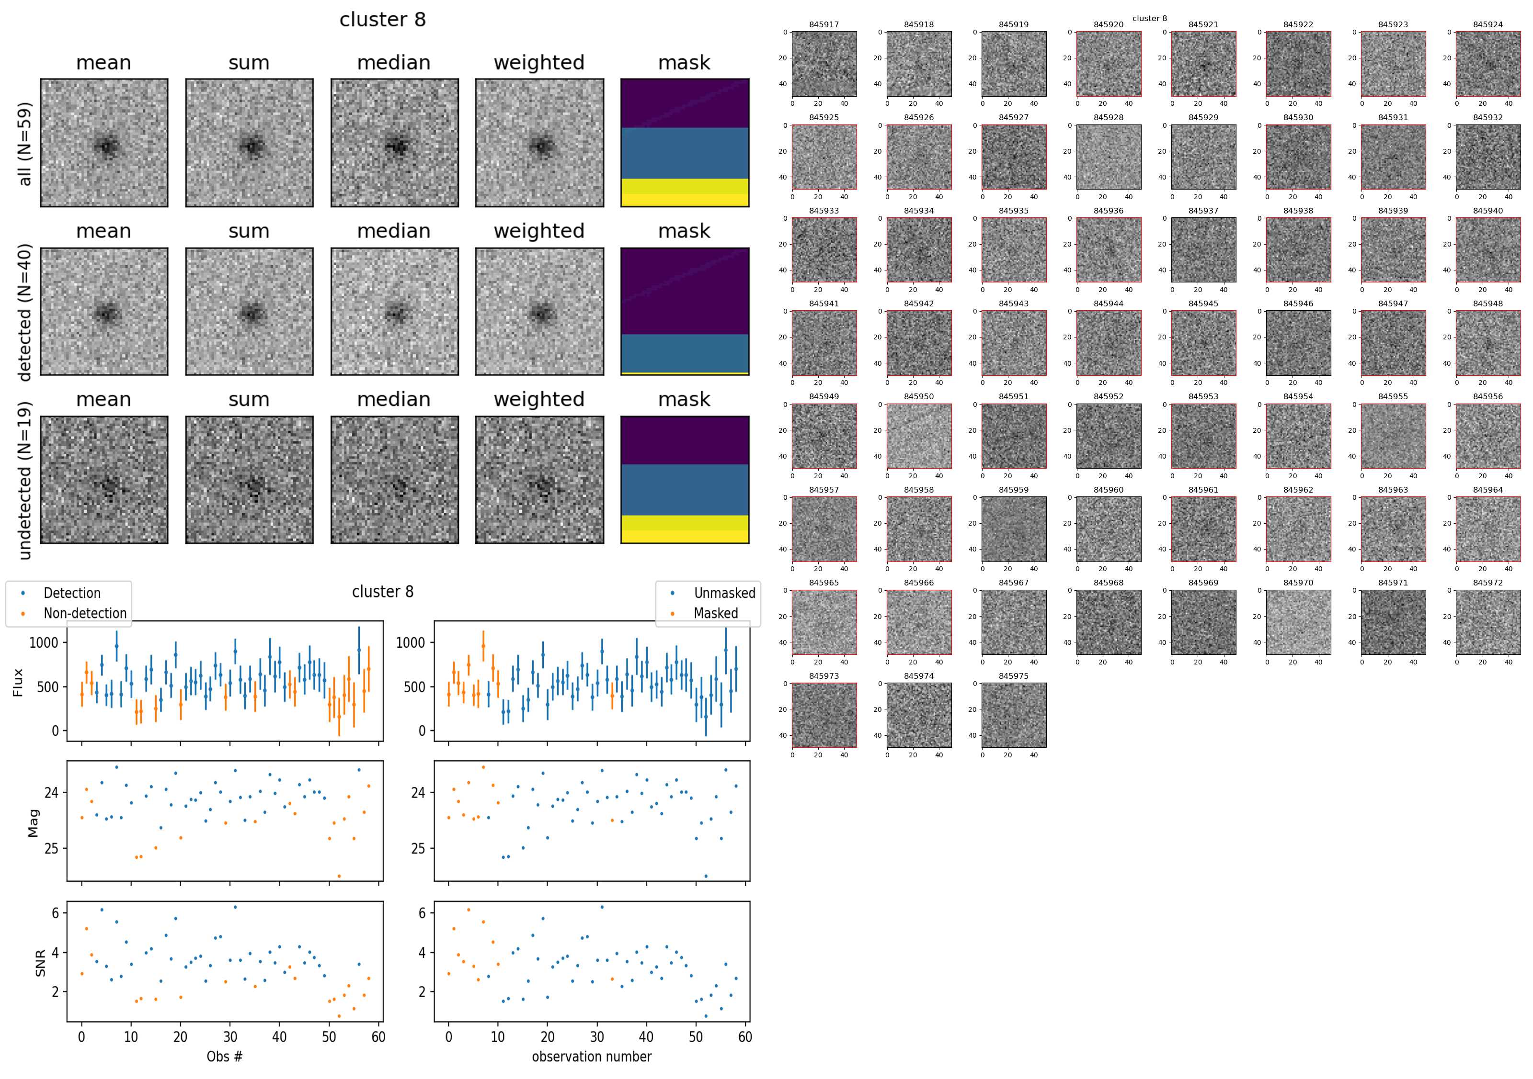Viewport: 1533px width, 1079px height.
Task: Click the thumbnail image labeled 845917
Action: (824, 64)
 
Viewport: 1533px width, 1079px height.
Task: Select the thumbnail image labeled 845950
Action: (919, 436)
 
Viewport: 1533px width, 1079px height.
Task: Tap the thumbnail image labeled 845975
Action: (1014, 715)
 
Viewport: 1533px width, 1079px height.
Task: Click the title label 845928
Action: (1109, 117)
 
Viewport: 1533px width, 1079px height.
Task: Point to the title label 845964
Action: (1487, 490)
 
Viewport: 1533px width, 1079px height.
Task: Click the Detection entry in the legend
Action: (71, 593)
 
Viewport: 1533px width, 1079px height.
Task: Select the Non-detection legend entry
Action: (85, 613)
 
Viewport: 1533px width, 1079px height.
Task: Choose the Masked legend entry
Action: (716, 613)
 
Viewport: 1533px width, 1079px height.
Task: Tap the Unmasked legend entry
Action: (724, 593)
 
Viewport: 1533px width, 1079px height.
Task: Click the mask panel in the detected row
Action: (685, 312)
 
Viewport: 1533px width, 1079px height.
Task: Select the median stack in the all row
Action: (395, 143)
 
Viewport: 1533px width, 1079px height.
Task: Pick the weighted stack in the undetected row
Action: (539, 480)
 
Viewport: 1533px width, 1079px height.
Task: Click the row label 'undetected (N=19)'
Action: (25, 481)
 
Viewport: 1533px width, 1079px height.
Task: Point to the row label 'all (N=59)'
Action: (25, 144)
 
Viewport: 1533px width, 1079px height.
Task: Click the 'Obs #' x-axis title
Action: (224, 1057)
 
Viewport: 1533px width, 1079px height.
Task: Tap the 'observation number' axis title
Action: (592, 1057)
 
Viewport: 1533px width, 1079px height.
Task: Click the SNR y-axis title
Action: (40, 963)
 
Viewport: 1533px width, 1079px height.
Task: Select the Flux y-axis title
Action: (18, 682)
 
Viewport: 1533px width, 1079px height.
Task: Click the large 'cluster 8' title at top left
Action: (383, 20)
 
